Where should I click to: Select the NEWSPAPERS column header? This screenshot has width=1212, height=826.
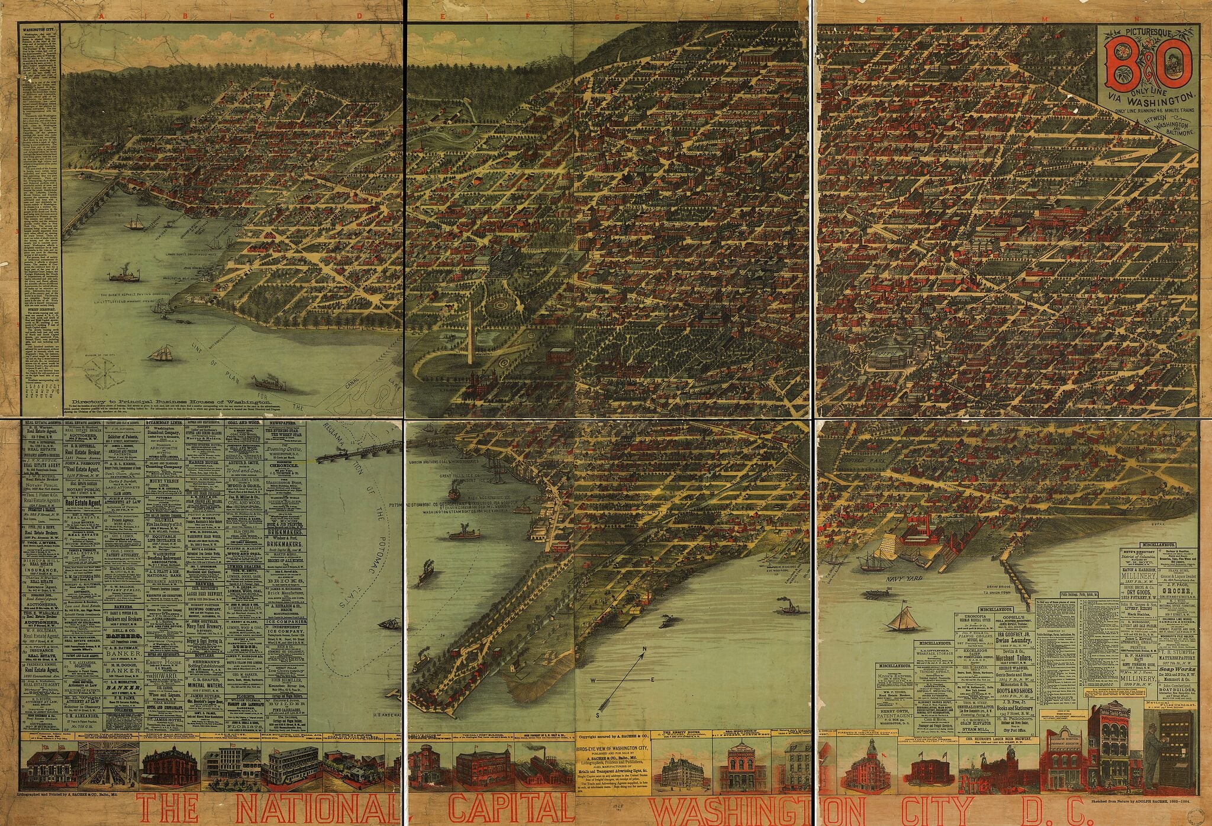(x=282, y=424)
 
